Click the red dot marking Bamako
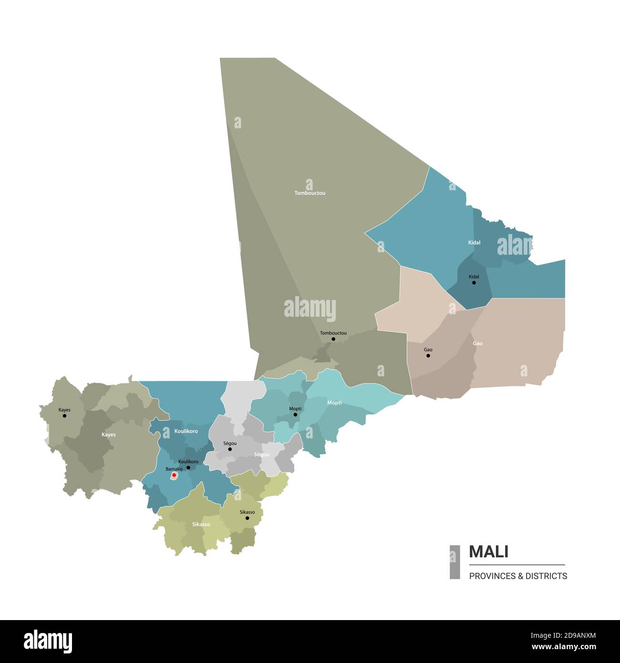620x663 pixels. tap(174, 475)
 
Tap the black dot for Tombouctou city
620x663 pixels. tap(333, 339)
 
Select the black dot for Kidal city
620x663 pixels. tap(474, 283)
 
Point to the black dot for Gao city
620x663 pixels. tap(428, 355)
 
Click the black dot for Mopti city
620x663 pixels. tap(295, 414)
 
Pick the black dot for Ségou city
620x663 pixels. tap(230, 449)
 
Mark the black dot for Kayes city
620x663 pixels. tap(64, 415)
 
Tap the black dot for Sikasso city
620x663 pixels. tap(247, 518)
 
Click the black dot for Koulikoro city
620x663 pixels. tap(188, 467)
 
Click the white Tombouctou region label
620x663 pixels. tap(310, 193)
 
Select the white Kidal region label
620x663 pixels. tap(474, 243)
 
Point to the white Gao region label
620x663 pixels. tap(477, 343)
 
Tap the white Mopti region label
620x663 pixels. tap(334, 403)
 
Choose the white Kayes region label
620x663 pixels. tap(108, 435)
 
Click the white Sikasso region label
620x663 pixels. tap(201, 525)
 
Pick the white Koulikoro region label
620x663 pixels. tap(186, 431)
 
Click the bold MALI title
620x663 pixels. tap(488, 552)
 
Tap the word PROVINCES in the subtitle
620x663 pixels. tap(489, 576)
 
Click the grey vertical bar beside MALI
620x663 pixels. tap(455, 562)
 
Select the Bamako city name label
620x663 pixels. tap(174, 469)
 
